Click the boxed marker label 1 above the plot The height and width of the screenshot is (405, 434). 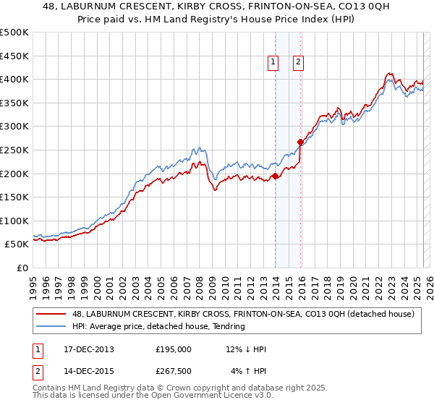[x=273, y=63]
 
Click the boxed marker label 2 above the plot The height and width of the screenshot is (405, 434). [x=298, y=63]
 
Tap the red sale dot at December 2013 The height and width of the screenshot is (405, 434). [x=276, y=176]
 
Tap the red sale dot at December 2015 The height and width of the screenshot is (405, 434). [x=301, y=142]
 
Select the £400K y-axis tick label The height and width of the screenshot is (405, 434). [x=14, y=79]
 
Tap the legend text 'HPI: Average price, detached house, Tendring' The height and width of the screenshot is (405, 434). [x=158, y=326]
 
